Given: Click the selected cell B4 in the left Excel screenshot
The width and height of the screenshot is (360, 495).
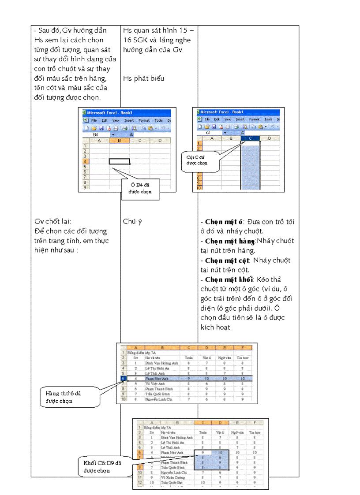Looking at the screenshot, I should pyautogui.click(x=119, y=161).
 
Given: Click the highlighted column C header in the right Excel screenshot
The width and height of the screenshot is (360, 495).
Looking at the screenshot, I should pyautogui.click(x=251, y=138).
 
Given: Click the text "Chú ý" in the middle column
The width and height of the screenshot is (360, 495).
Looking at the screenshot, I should pyautogui.click(x=132, y=221).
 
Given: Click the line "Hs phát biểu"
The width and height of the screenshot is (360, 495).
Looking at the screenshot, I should pyautogui.click(x=143, y=78).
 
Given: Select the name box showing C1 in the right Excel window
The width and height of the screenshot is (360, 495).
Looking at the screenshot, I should pyautogui.click(x=209, y=132).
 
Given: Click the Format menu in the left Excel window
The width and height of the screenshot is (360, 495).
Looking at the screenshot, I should pyautogui.click(x=144, y=120).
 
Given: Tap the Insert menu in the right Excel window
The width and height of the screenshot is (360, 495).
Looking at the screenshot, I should pyautogui.click(x=240, y=119).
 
